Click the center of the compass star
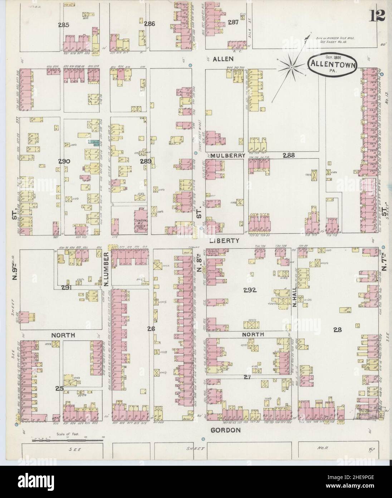click(291, 67)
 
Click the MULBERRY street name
click(228, 155)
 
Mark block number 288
click(288, 155)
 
